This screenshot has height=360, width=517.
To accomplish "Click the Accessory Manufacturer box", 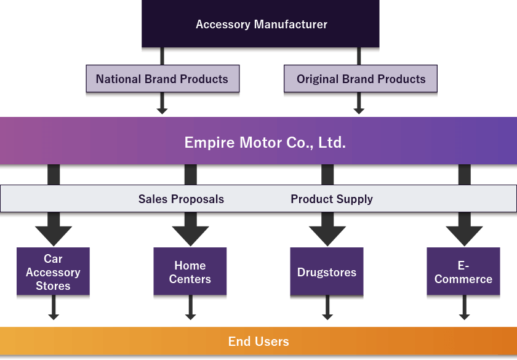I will pos(261,25).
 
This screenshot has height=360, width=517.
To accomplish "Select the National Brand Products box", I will pos(162,79).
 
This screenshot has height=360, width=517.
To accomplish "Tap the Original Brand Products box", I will pos(361,79).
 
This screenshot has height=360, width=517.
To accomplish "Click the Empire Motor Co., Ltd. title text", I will pos(265,143).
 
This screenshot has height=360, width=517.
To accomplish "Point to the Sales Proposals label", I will pos(181,199).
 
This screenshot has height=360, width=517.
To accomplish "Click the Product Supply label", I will pos(332,199).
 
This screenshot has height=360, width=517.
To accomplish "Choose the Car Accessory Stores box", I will pos(53,273).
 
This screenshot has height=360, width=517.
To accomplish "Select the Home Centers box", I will pos(190,273).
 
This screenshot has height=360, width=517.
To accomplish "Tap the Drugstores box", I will pos(326,273).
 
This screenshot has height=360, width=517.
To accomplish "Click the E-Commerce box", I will pos(463,273).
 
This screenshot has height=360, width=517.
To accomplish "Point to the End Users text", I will pos(258,342).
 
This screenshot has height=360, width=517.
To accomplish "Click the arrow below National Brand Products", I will pos(162,105).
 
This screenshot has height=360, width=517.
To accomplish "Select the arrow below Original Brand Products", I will pos(359,105).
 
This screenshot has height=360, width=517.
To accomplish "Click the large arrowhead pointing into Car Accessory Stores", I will pos(54,234).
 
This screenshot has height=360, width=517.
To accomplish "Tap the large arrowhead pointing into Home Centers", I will pos(190,234).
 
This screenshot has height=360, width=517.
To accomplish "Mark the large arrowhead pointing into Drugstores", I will pos(327,234).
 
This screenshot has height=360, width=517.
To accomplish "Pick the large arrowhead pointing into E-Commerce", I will pos(464,234).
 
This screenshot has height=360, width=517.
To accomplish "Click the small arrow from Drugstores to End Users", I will pos(327,311).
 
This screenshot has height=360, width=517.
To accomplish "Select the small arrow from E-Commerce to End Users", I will pos(464,311).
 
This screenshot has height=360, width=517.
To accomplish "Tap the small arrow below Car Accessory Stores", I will pos(54,311).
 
